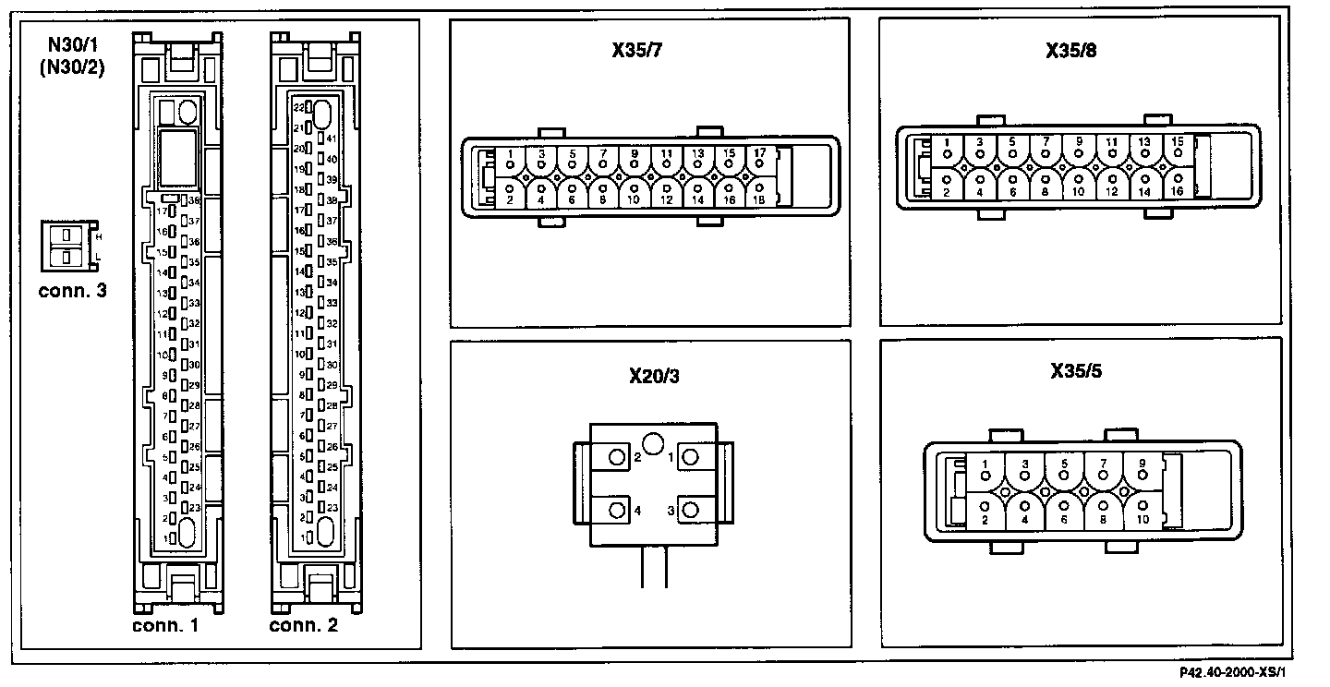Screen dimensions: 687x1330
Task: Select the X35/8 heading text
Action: tap(1071, 51)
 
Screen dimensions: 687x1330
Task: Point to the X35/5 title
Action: tap(1076, 371)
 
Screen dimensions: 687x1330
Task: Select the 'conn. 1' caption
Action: tap(167, 626)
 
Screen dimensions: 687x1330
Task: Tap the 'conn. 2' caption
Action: tap(303, 626)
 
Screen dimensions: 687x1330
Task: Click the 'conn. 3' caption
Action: tap(73, 291)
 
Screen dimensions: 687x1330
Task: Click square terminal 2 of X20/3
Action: tap(616, 456)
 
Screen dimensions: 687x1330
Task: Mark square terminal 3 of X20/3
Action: tap(691, 509)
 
